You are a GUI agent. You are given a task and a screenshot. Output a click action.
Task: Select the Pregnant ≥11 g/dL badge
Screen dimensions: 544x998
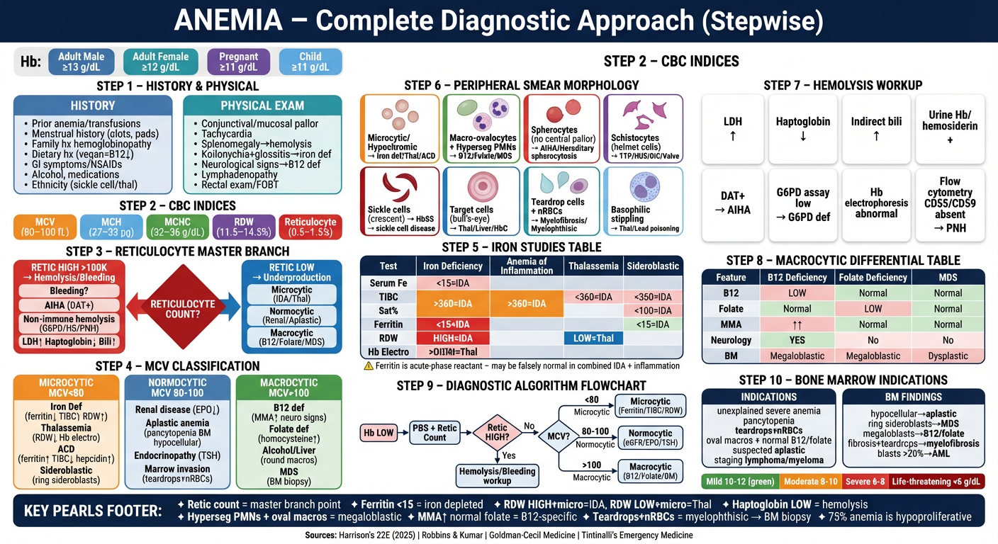238,62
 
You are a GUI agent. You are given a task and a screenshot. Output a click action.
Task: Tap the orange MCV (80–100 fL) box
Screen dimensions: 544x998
44,227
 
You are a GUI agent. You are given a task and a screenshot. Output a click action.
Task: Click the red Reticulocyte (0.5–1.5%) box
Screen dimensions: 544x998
310,227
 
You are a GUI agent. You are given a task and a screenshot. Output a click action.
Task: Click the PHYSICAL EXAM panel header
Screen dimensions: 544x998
262,106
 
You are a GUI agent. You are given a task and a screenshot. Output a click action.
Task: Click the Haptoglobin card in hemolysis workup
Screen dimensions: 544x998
803,127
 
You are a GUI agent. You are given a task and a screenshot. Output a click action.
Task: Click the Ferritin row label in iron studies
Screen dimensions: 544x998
388,324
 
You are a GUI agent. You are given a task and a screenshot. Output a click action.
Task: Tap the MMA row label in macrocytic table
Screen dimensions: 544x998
731,324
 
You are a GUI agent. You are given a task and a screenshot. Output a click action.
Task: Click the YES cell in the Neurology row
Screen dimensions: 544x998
797,340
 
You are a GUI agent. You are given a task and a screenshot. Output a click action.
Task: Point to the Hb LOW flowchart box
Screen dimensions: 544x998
379,432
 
